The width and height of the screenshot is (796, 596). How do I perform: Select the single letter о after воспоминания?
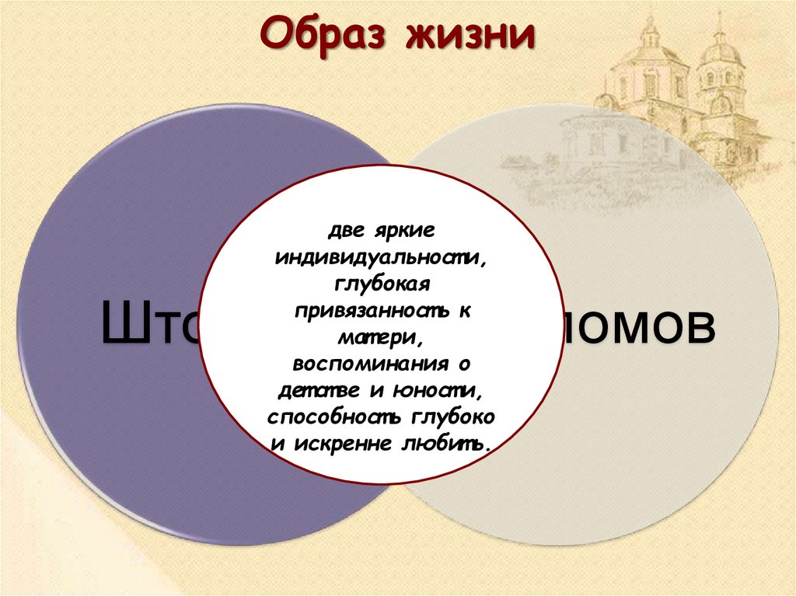[464, 363]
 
